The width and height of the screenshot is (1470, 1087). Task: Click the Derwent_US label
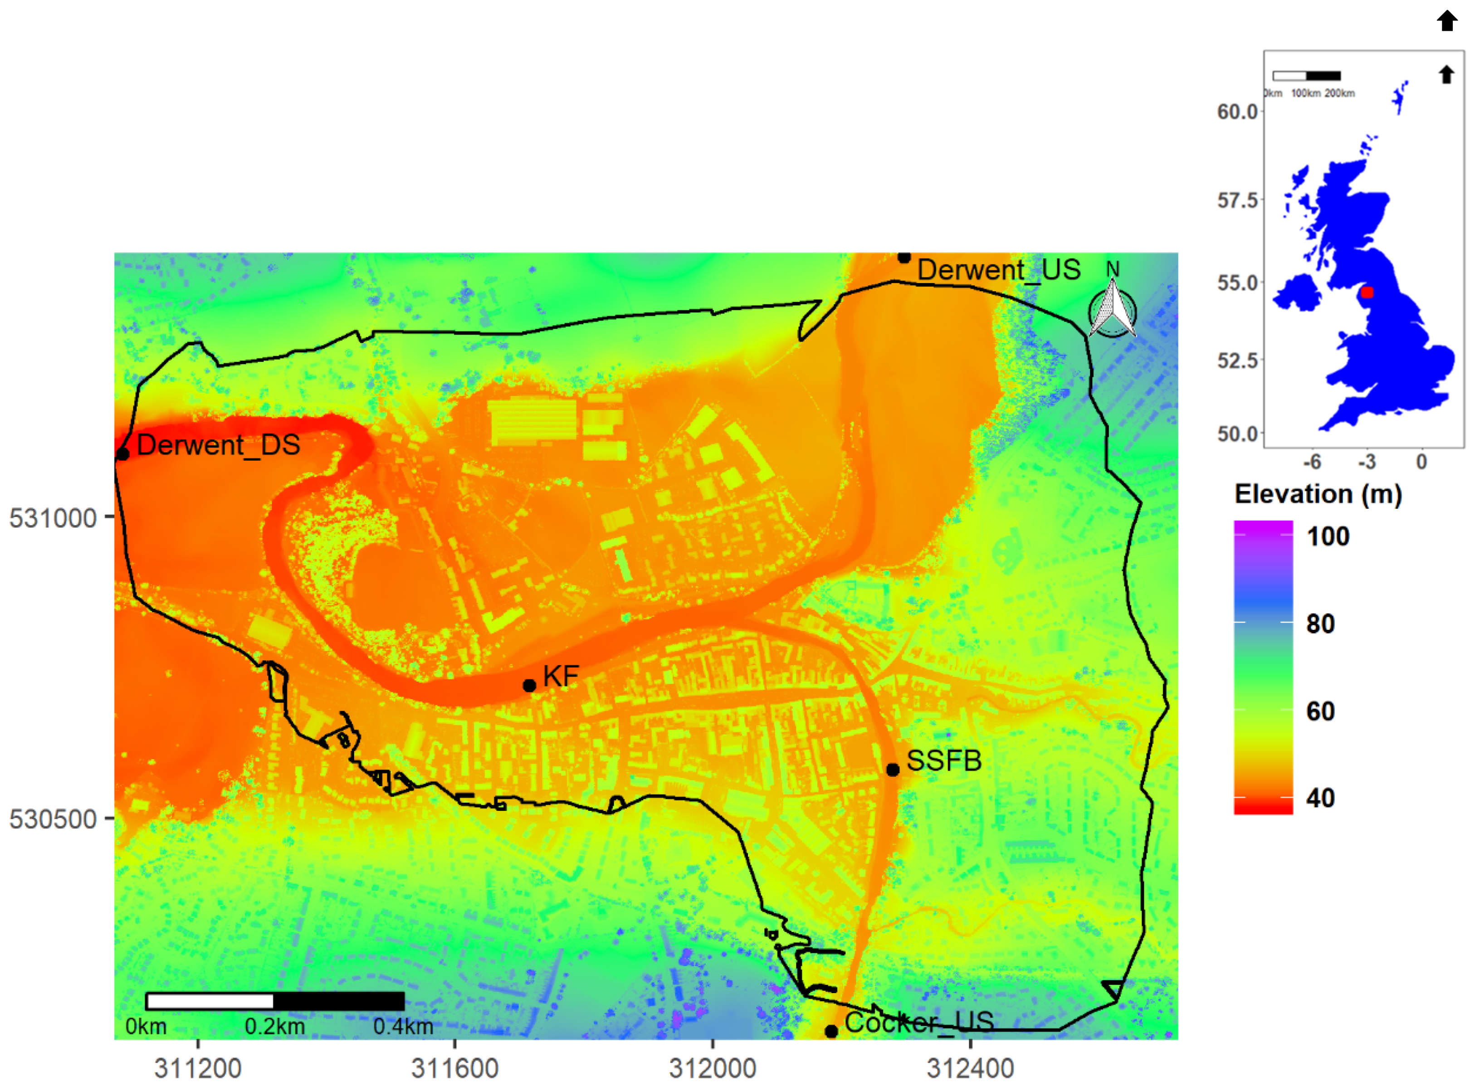[998, 270]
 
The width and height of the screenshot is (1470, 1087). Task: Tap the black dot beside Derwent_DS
[123, 454]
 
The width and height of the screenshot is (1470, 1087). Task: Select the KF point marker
[529, 686]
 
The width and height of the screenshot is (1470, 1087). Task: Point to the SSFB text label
[943, 761]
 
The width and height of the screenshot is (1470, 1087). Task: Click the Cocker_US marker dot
[831, 1031]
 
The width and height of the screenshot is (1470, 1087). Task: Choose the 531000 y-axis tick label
[53, 518]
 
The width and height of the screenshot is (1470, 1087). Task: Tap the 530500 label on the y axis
[53, 819]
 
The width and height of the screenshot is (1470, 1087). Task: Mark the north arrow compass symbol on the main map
[1112, 309]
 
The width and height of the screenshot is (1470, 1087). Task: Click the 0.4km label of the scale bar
[403, 1027]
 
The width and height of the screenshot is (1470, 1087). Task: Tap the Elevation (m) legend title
[1318, 494]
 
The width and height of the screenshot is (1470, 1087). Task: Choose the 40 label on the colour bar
[1320, 798]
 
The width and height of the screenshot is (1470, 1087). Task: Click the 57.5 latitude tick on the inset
[1237, 200]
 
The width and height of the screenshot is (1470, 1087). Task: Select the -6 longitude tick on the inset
[1312, 462]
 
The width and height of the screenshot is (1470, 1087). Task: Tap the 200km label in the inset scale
[1340, 93]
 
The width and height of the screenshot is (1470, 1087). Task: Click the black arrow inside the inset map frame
[1446, 74]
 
